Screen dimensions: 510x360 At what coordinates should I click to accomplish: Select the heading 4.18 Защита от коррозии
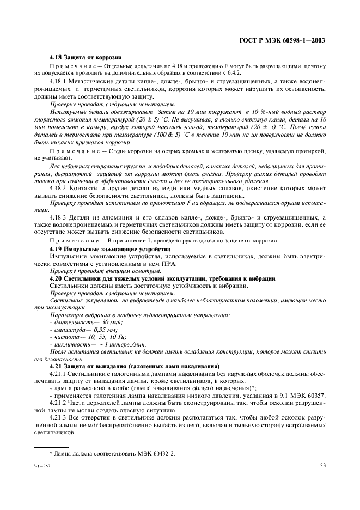tap(85, 57)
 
